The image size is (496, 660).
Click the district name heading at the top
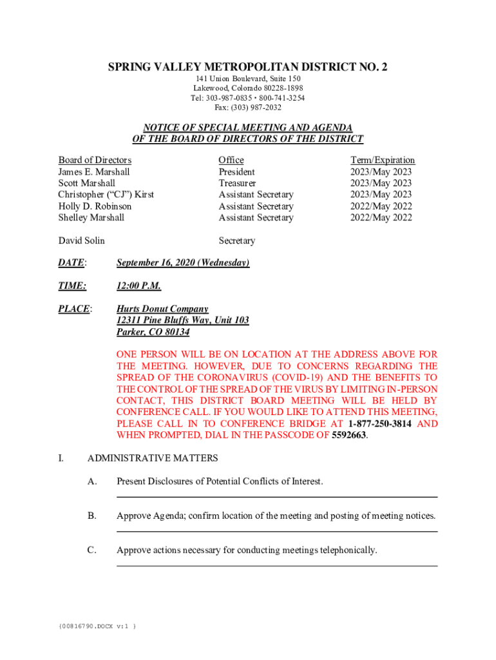tap(247, 68)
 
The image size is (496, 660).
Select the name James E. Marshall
tap(94, 172)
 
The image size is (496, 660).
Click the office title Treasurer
tap(238, 184)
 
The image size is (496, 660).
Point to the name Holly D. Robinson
tap(95, 207)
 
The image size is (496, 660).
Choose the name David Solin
tap(81, 241)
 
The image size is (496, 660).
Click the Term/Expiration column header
tap(383, 160)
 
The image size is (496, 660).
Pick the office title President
tap(236, 172)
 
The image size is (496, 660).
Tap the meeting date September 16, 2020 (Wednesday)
tap(183, 263)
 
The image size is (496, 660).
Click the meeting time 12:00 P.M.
tap(138, 286)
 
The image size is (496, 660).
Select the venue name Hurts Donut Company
tap(162, 309)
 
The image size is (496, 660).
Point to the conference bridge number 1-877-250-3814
tap(379, 424)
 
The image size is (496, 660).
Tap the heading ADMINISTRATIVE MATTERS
tap(153, 459)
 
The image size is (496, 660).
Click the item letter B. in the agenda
tap(92, 516)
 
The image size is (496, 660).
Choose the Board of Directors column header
tap(95, 160)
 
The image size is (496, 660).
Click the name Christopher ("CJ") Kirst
tap(106, 195)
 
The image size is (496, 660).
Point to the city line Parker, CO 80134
tap(153, 333)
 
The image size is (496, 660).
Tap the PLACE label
tap(74, 309)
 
